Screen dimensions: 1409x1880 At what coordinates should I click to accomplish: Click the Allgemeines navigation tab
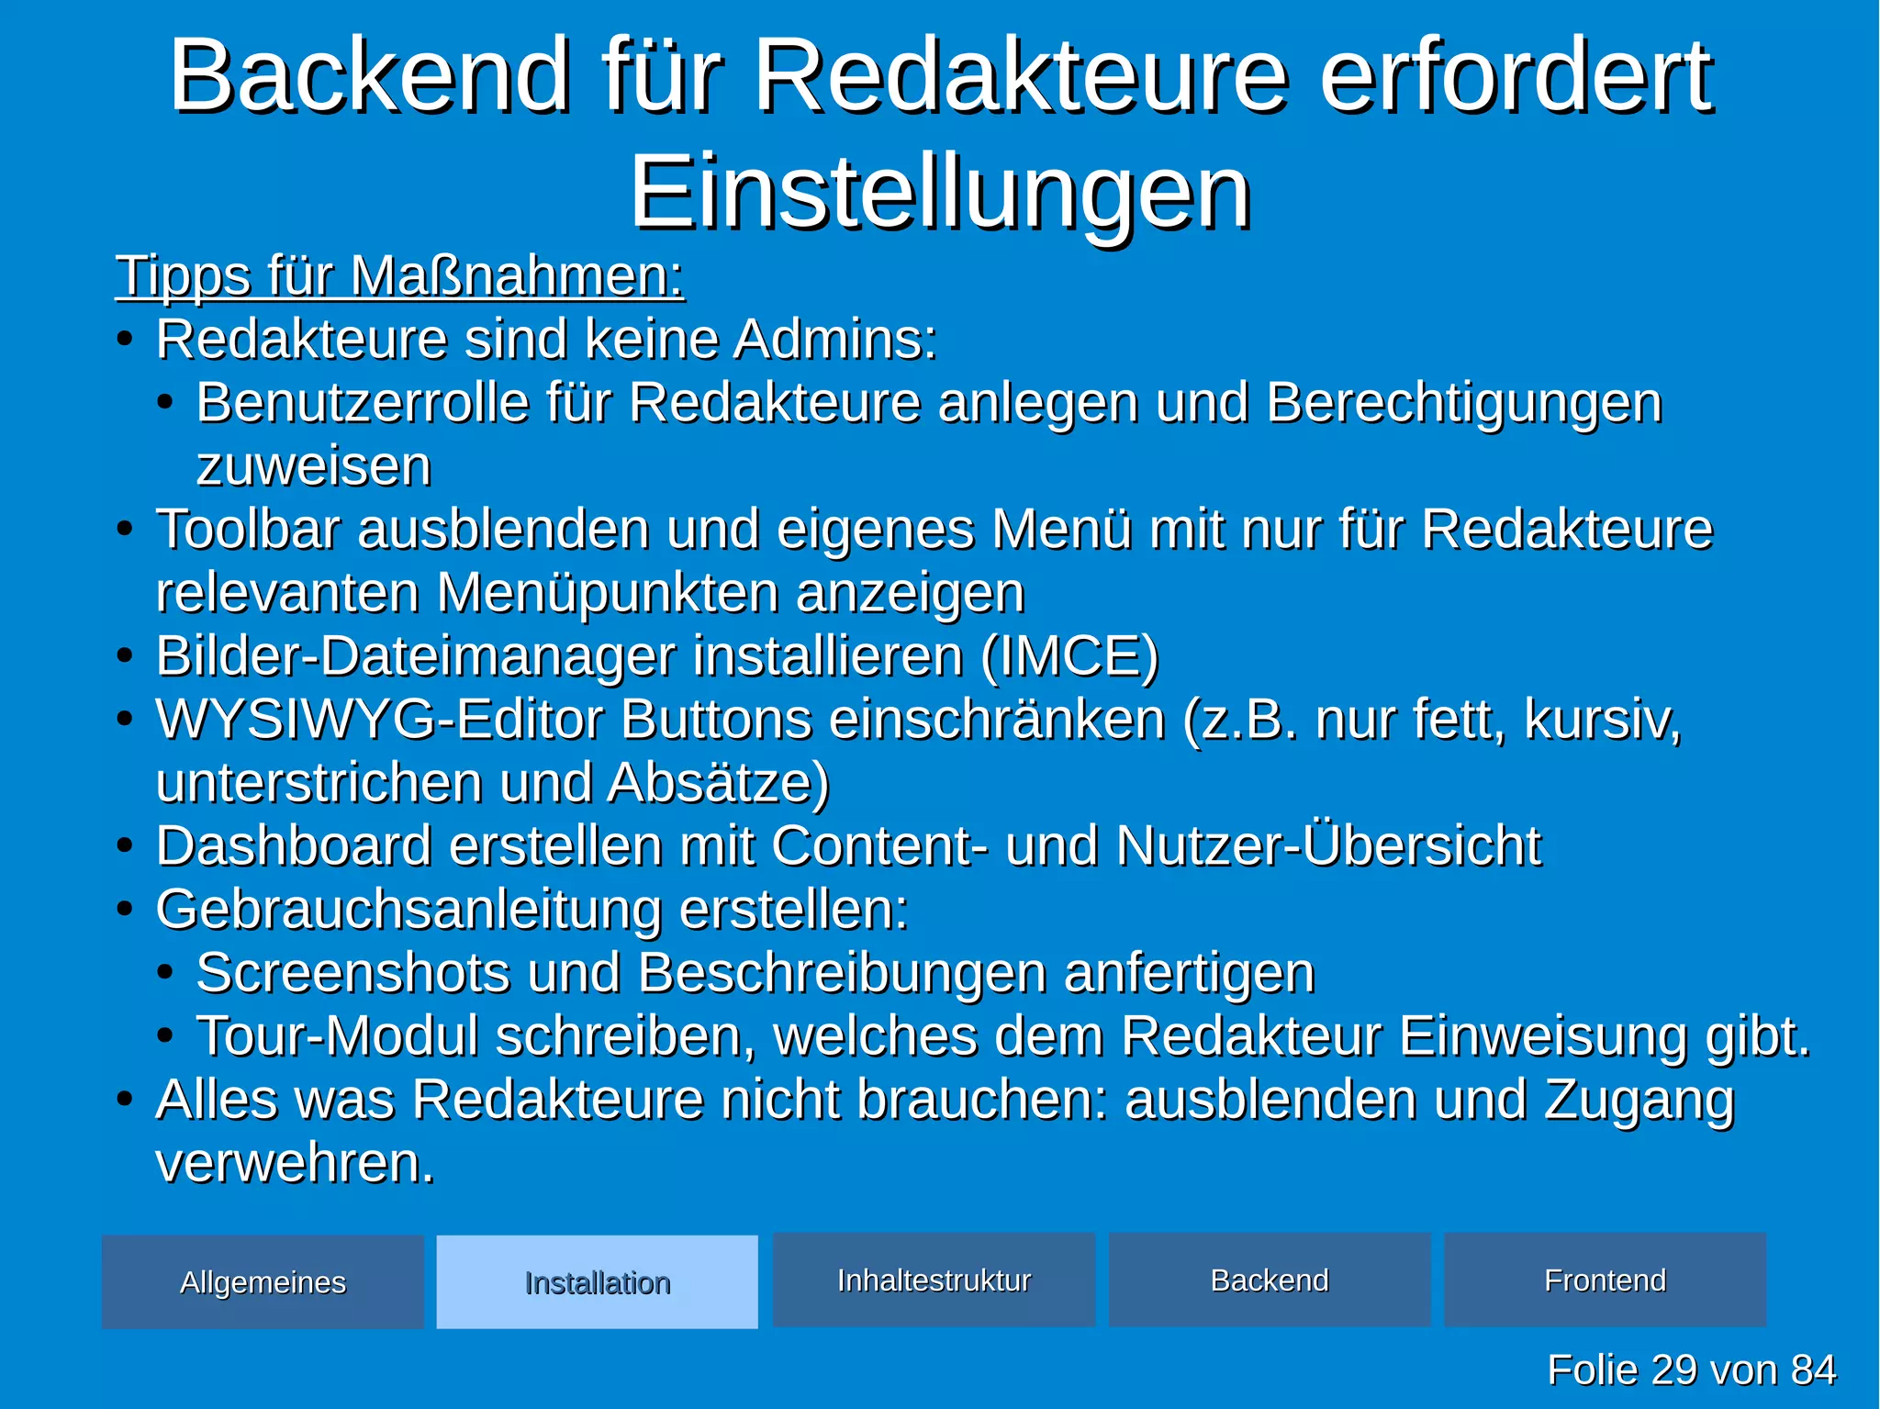click(263, 1281)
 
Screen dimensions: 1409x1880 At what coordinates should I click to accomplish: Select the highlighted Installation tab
click(597, 1281)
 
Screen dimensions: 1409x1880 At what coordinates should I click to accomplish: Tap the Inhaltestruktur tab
click(934, 1280)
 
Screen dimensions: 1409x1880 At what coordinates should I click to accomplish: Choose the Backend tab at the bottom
click(1270, 1280)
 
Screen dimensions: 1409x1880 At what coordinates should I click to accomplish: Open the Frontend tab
click(1605, 1280)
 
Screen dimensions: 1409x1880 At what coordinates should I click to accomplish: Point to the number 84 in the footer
click(1812, 1370)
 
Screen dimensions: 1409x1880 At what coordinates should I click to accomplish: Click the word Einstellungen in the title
click(940, 193)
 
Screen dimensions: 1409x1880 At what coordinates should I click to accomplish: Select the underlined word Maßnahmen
click(517, 276)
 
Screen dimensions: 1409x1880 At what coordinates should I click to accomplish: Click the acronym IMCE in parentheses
click(1069, 655)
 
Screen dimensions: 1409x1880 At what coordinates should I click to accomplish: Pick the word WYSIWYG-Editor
click(379, 719)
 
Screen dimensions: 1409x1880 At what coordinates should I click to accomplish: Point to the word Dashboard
click(294, 845)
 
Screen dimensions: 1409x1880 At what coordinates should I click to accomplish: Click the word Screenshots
click(352, 972)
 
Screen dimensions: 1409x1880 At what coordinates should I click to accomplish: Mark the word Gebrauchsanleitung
click(408, 909)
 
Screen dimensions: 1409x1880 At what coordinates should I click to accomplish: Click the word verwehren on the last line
click(294, 1162)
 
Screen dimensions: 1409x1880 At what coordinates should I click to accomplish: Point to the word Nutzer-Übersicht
click(1328, 845)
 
